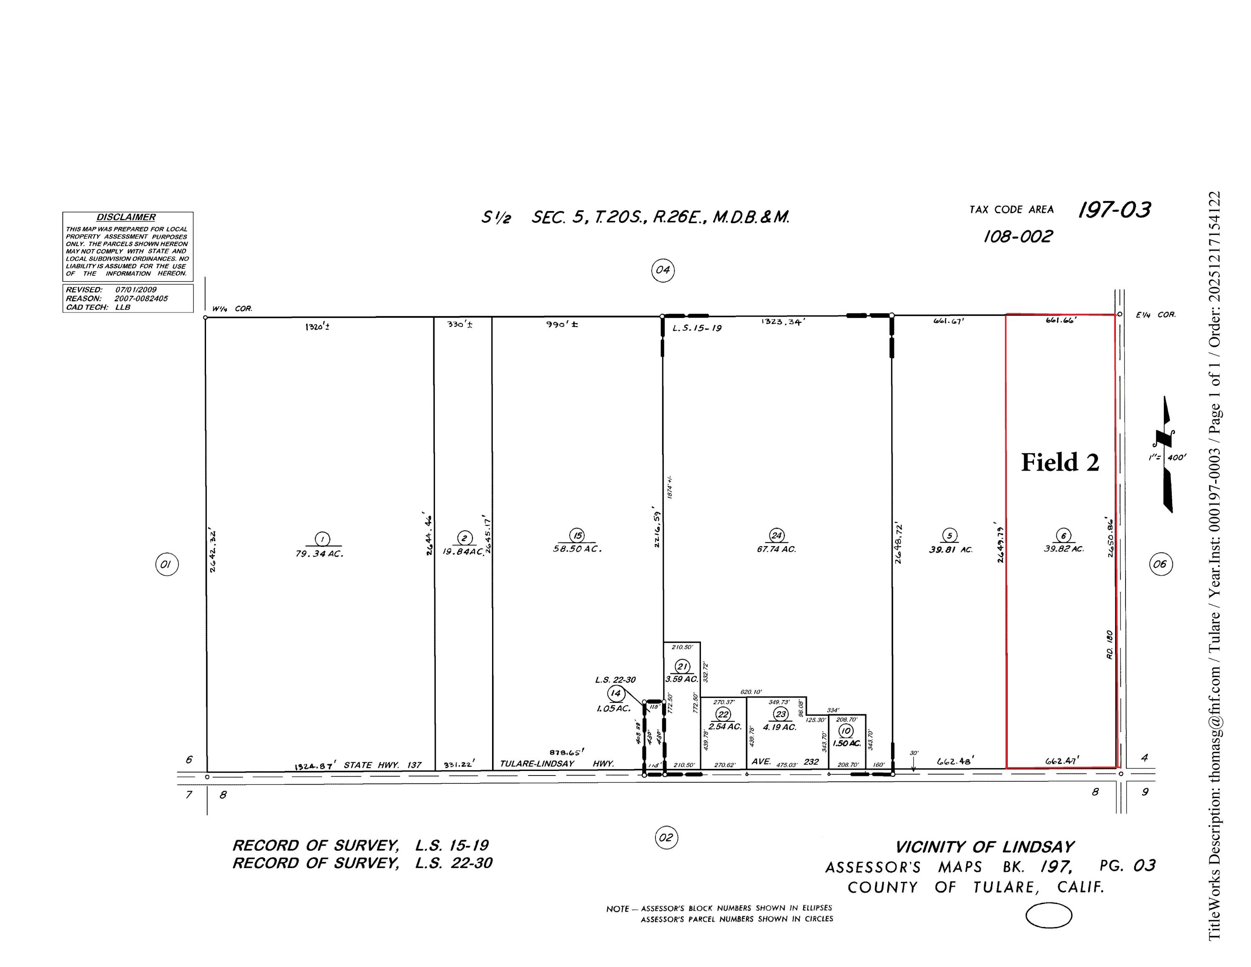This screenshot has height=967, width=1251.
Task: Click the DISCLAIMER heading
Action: (126, 217)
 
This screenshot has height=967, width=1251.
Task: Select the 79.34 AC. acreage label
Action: (319, 554)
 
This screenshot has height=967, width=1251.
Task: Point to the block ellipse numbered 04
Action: (663, 270)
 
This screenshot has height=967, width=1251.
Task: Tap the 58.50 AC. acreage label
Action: (576, 549)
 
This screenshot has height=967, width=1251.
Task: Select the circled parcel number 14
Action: (615, 693)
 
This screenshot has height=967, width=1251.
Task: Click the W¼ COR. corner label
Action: (232, 309)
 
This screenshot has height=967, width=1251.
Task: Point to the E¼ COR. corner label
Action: (1156, 315)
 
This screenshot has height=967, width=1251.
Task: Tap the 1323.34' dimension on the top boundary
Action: (783, 322)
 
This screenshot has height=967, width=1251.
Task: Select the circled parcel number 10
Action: (845, 730)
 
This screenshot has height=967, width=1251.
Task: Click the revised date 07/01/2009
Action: (136, 290)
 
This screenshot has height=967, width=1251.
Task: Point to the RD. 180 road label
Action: (1109, 645)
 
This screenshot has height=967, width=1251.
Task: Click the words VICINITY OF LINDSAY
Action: (985, 847)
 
